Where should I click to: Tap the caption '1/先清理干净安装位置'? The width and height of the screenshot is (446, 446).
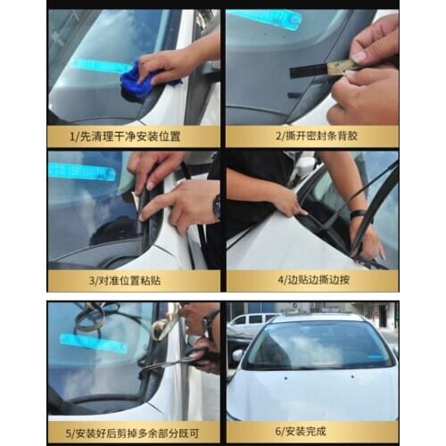[133, 137]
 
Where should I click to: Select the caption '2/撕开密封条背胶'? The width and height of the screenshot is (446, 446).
[311, 137]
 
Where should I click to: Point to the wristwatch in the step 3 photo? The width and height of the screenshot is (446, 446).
[216, 207]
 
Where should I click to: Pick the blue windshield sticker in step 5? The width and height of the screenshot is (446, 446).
[89, 343]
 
